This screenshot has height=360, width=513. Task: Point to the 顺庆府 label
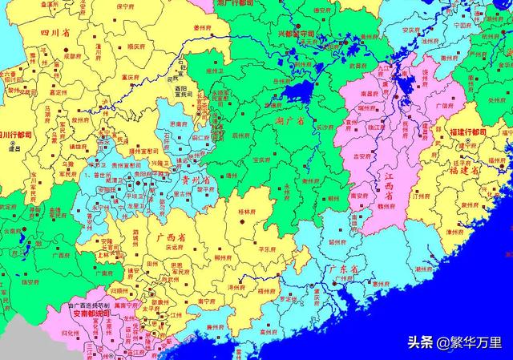pos(118,48)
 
